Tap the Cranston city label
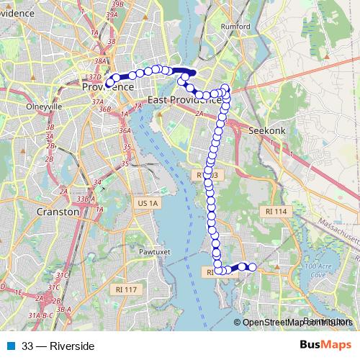[58, 212]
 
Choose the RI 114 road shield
[276, 211]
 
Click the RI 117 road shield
[125, 289]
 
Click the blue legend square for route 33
[10, 346]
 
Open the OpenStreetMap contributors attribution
[297, 323]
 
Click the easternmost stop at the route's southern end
[252, 267]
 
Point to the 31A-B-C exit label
[42, 315]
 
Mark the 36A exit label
[125, 132]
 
